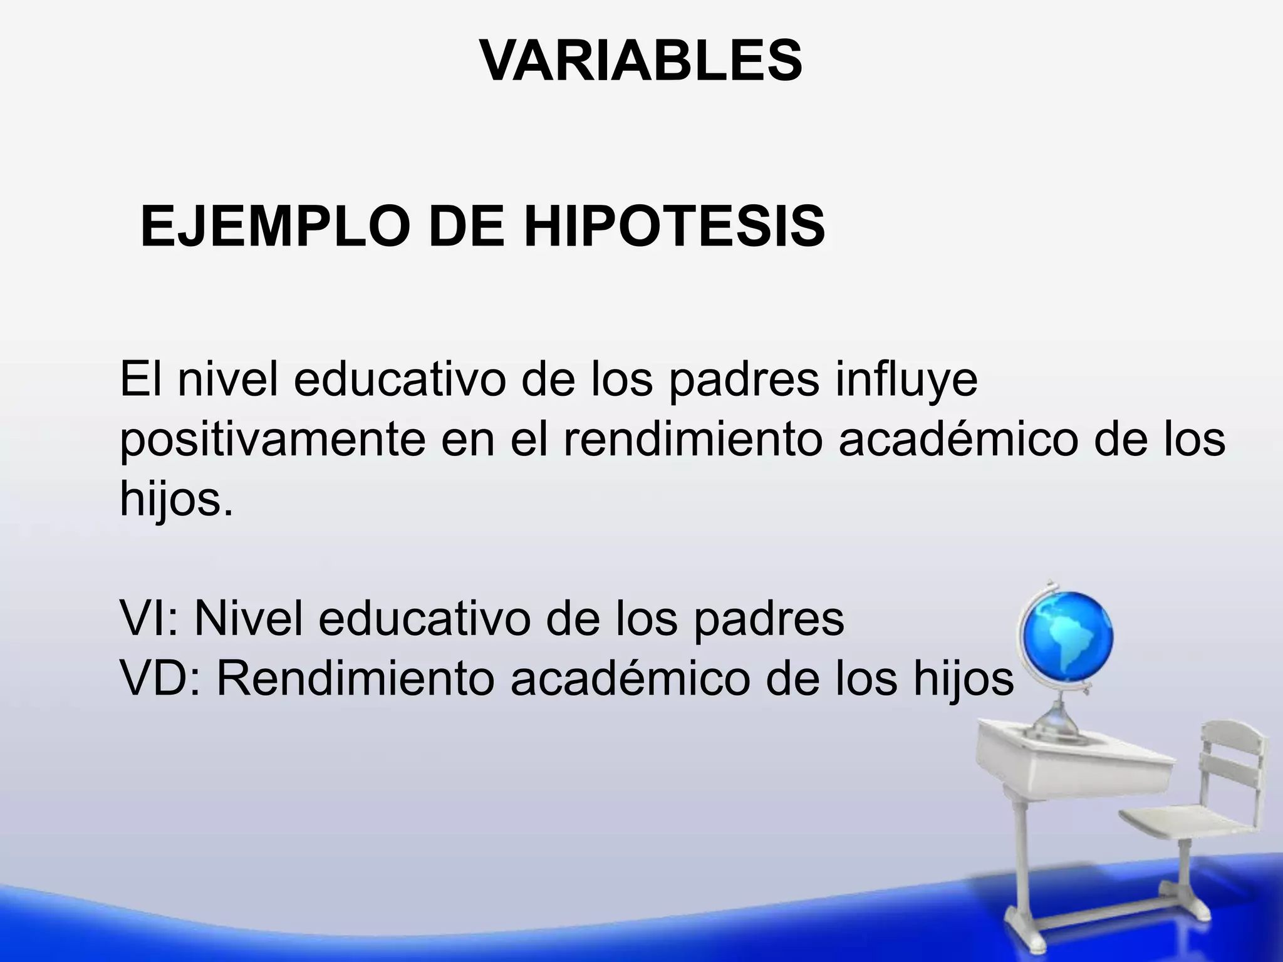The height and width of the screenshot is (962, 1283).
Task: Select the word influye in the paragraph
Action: (x=906, y=380)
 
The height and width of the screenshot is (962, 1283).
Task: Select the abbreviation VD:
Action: (x=160, y=679)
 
